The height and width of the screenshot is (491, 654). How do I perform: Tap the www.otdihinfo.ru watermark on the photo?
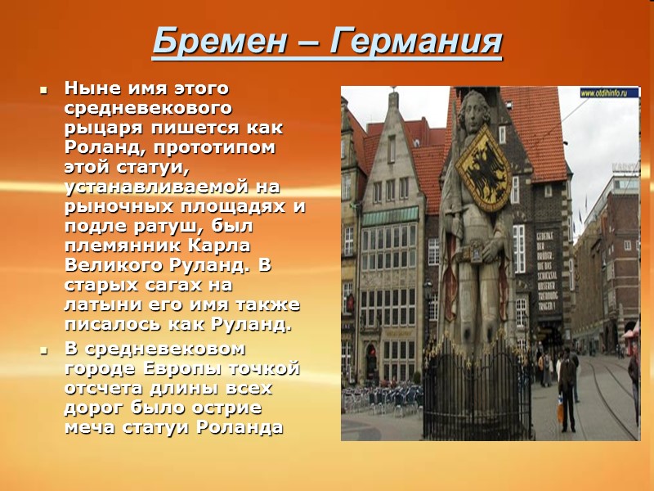pyautogui.click(x=609, y=93)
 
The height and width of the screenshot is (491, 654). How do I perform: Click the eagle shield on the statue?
pyautogui.click(x=483, y=168)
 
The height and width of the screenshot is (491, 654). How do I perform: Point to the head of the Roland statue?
pyautogui.click(x=474, y=110)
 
